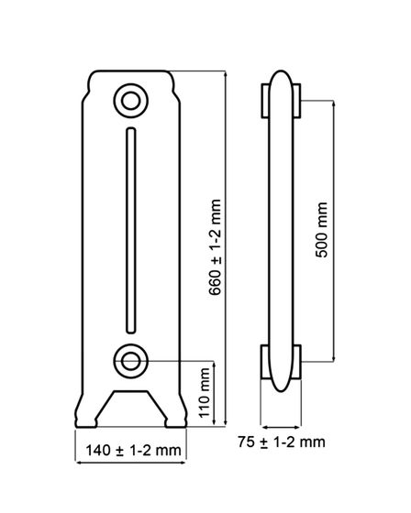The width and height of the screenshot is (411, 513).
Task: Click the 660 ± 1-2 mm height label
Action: point(215,247)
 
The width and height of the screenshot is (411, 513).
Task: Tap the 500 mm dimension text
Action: point(321,230)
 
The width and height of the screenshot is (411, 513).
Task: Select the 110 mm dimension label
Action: point(205,393)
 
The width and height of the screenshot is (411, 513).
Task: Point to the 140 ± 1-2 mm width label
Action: point(133,451)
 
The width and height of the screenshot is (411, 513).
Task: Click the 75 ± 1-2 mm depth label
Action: point(282,442)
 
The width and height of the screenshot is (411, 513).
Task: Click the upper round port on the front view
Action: point(131,101)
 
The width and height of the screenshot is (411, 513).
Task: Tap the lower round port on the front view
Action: point(131,361)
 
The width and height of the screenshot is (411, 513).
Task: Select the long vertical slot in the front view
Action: point(131,230)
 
